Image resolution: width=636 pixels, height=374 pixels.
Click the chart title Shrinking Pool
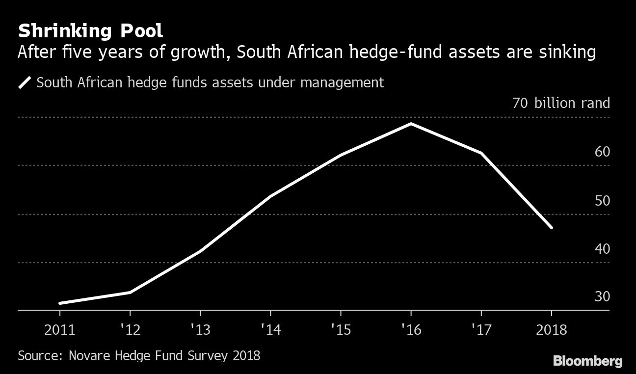tap(90, 31)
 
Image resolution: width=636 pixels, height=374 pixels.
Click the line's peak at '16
tap(411, 124)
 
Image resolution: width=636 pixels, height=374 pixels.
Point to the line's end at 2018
tap(552, 228)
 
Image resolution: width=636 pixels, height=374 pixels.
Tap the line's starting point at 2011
tap(60, 303)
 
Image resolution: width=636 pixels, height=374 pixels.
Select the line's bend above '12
tap(130, 292)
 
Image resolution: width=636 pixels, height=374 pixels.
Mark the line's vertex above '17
tap(481, 153)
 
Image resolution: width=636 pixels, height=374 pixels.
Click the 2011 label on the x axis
tap(60, 329)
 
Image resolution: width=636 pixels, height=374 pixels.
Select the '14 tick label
tap(270, 329)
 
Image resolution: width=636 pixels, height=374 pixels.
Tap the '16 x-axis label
tap(411, 329)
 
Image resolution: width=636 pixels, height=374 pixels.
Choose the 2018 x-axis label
tap(551, 329)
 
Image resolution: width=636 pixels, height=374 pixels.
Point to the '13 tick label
tap(200, 329)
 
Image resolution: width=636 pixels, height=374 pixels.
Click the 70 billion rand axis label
tap(561, 103)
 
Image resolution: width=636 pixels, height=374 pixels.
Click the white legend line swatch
tap(25, 82)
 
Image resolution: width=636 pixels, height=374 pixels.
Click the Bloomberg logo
tap(587, 362)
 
